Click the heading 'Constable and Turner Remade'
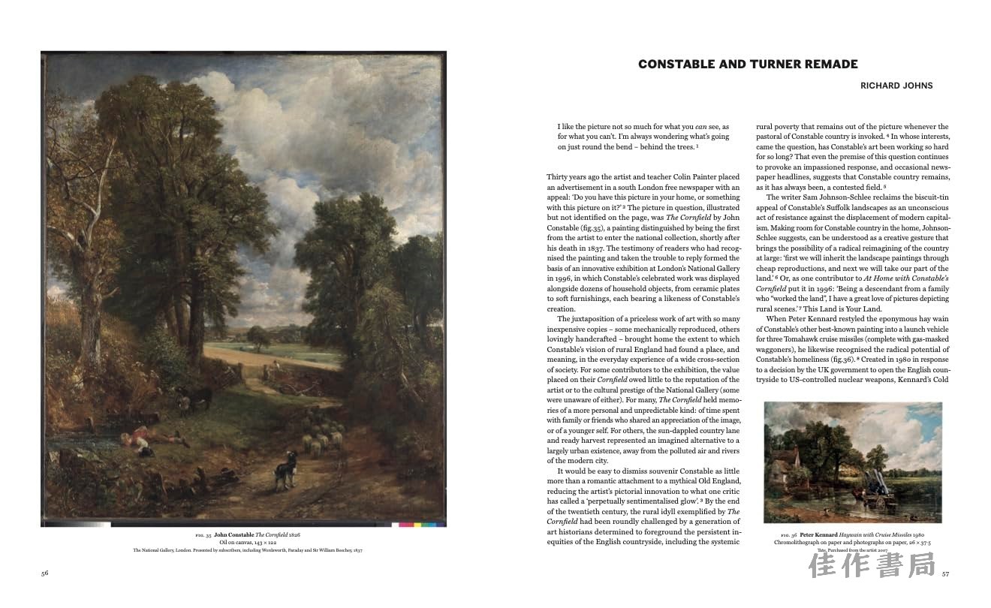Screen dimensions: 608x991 point(748,65)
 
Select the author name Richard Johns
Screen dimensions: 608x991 point(896,86)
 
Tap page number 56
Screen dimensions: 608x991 point(45,573)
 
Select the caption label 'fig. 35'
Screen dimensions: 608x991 point(203,534)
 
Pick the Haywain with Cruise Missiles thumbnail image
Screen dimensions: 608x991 point(853,462)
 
